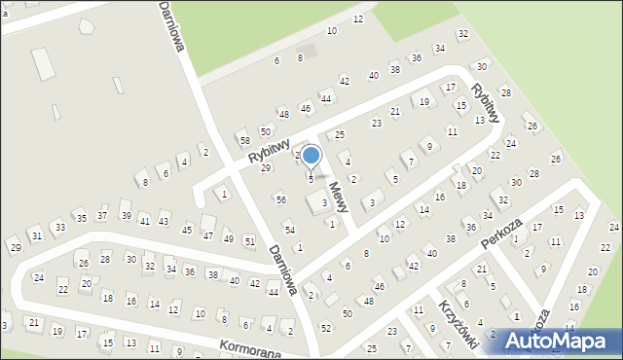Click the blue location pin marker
311,156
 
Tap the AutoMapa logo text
562,341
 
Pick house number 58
244,140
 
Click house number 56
280,199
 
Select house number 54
289,229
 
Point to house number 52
325,327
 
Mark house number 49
228,238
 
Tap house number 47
207,235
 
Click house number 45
187,232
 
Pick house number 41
144,221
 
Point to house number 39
126,215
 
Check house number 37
102,215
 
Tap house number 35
82,219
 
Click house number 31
37,235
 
